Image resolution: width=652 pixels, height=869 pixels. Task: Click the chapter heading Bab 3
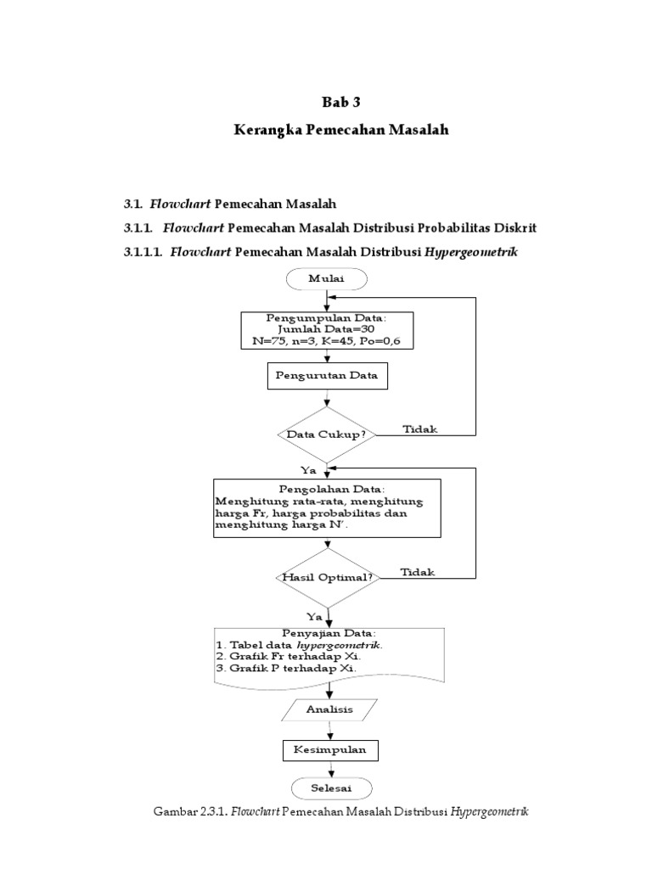tap(341, 103)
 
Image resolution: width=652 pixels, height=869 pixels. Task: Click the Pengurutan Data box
tap(327, 376)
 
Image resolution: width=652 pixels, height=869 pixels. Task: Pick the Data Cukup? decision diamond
tap(327, 434)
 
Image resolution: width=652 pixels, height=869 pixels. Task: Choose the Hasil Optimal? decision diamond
tap(327, 577)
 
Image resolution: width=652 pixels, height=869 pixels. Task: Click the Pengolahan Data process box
tap(327, 507)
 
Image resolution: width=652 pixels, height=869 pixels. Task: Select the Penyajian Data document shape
tap(327, 654)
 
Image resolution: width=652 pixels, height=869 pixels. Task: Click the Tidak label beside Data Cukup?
tap(419, 429)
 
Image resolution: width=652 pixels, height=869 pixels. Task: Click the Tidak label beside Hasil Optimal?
tap(417, 572)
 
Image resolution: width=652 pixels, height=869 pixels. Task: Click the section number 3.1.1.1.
tap(145, 252)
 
